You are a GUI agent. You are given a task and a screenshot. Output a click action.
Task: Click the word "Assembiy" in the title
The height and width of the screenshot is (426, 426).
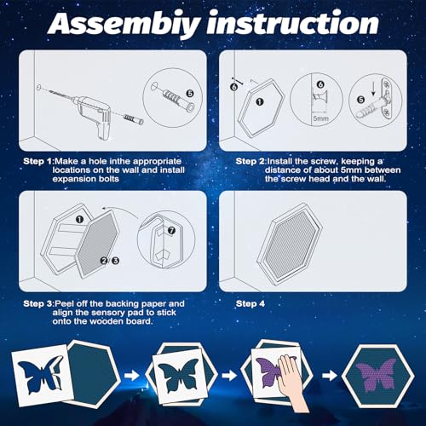[x=124, y=23]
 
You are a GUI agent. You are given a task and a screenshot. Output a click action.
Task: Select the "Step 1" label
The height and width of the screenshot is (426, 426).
[x=38, y=161]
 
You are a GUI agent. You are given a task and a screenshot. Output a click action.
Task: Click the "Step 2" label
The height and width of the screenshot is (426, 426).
[x=250, y=161]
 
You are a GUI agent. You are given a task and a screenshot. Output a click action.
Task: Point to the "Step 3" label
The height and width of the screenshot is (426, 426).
[x=38, y=304]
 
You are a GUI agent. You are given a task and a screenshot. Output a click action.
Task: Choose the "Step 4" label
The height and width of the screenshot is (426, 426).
[x=250, y=304]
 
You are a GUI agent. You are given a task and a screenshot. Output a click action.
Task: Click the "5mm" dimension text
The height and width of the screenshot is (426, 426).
[x=321, y=118]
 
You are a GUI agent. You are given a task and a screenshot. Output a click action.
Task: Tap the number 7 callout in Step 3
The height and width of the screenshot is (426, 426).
[x=171, y=231]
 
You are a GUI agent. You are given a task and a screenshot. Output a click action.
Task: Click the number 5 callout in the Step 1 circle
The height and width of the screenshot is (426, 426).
[x=190, y=94]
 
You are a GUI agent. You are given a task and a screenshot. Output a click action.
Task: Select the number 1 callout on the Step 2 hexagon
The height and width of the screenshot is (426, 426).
[x=260, y=102]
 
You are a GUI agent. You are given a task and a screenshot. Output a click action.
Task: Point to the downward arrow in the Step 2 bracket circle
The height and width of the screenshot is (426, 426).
[x=373, y=89]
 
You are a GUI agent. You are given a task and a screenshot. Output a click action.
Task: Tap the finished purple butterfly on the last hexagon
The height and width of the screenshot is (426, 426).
[x=377, y=375]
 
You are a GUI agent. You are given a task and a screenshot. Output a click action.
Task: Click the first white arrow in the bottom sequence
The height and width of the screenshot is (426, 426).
[x=132, y=376]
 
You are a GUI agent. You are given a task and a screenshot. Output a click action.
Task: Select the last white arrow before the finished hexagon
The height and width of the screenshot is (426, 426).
[x=330, y=376]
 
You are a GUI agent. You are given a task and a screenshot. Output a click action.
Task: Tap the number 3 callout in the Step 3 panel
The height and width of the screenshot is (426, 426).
[x=115, y=261]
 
